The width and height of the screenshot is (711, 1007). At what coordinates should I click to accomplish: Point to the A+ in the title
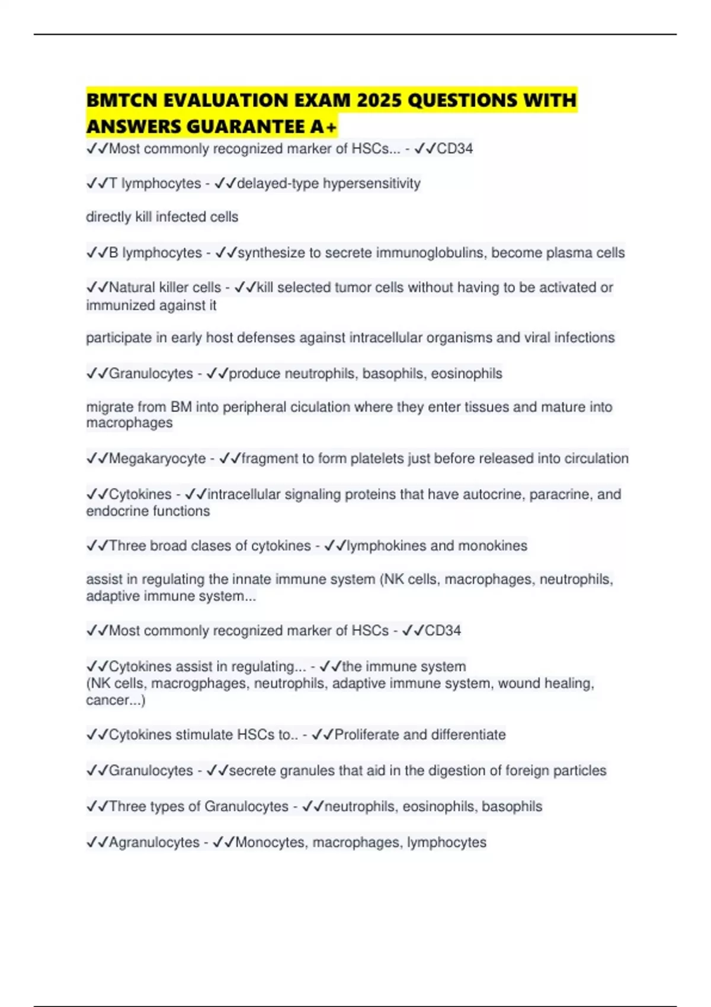click(x=324, y=126)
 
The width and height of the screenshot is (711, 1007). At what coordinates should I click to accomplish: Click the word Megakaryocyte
click(x=157, y=458)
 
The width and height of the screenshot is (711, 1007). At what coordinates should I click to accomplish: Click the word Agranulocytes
click(x=154, y=842)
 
